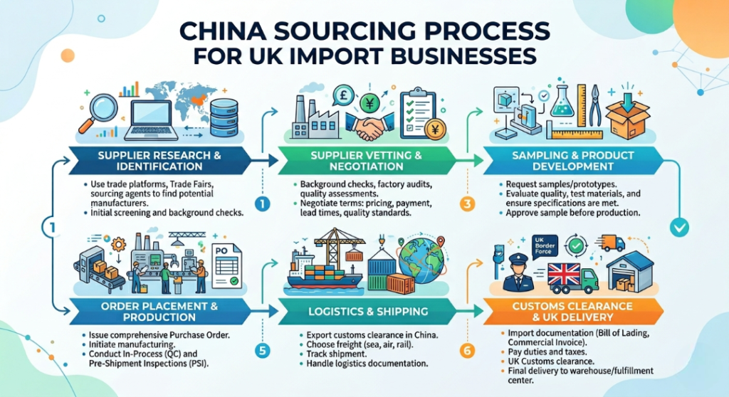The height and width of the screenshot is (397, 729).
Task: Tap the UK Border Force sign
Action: tap(544, 246)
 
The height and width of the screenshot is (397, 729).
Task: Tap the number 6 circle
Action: tap(467, 350)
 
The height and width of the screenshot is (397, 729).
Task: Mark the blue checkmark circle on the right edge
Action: tap(679, 228)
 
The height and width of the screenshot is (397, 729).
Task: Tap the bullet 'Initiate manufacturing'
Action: tap(124, 344)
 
